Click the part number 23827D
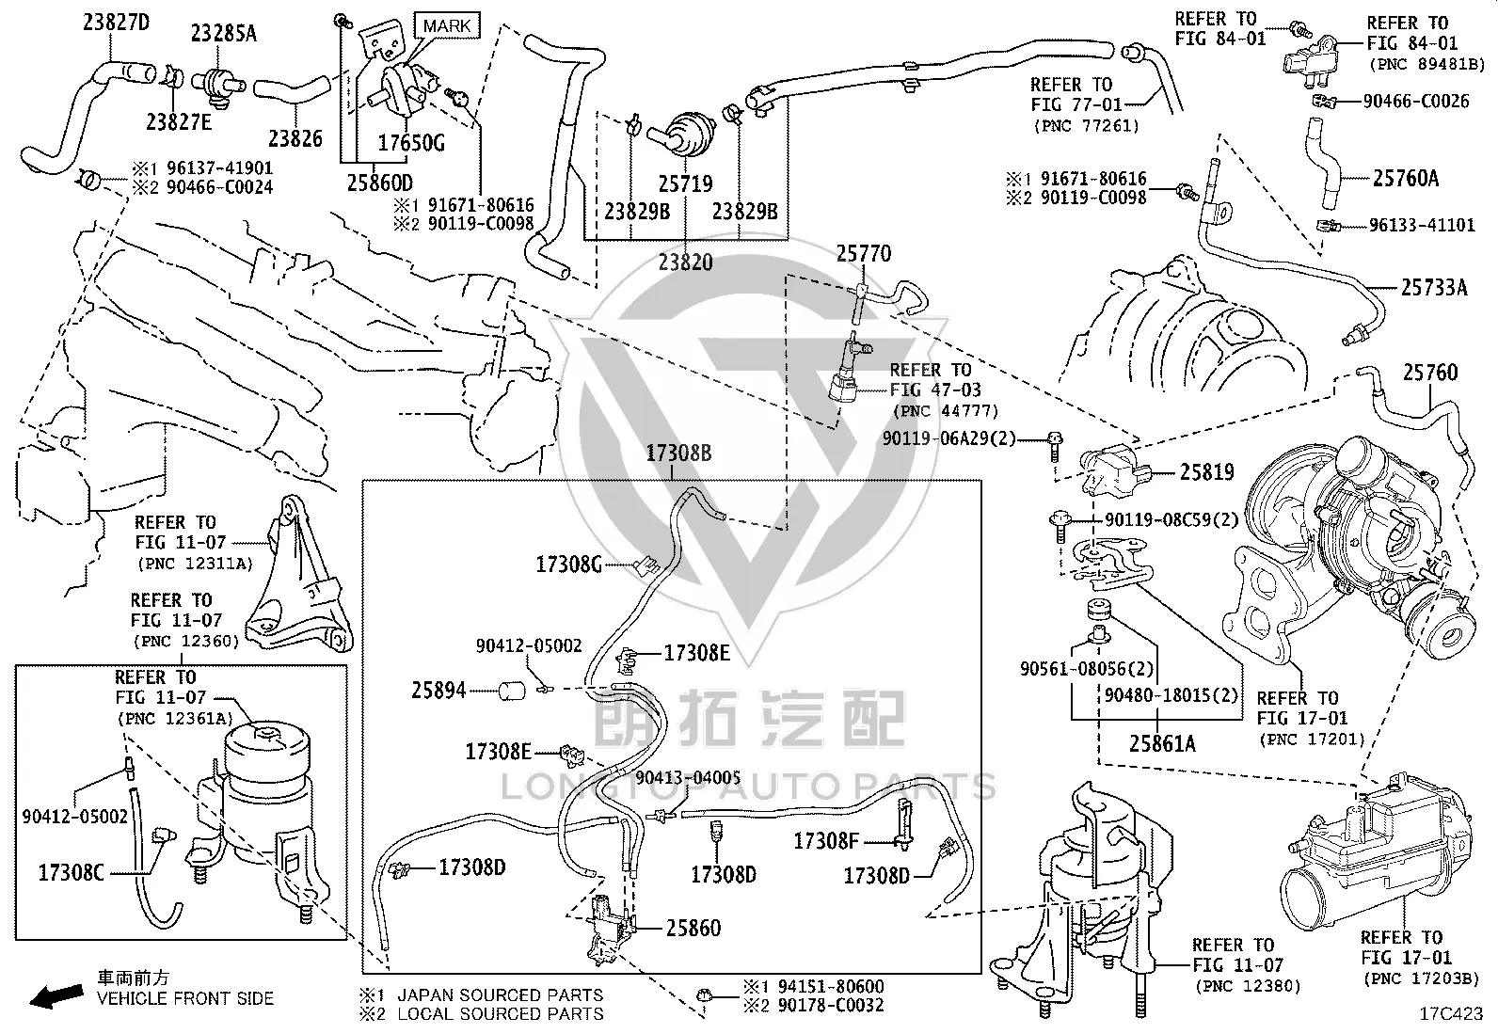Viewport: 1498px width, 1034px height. tap(117, 23)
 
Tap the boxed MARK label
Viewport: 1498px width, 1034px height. tap(447, 26)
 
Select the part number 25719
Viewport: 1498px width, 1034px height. tap(685, 183)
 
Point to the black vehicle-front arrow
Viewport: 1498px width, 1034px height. tap(56, 996)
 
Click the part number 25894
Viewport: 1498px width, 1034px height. tap(438, 691)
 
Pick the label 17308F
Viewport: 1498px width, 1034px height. tap(826, 841)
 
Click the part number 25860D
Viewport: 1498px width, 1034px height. tap(380, 183)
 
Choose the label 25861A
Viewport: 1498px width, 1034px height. tap(1162, 743)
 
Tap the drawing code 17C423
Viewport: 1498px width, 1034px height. tap(1451, 1013)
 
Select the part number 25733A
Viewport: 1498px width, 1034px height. tap(1434, 288)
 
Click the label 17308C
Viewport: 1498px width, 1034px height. tap(71, 873)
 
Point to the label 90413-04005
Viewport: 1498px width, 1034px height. tap(688, 777)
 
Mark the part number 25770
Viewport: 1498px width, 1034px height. tap(864, 253)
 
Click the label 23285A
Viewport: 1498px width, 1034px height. tap(223, 34)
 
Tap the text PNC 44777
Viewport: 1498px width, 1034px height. tap(946, 410)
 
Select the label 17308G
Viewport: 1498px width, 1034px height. tap(568, 565)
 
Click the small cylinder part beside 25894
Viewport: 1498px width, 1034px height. tap(512, 691)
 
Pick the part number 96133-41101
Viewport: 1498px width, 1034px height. tap(1422, 225)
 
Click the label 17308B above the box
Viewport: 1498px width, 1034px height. tap(678, 453)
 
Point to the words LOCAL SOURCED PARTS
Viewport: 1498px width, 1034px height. tap(501, 1014)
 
